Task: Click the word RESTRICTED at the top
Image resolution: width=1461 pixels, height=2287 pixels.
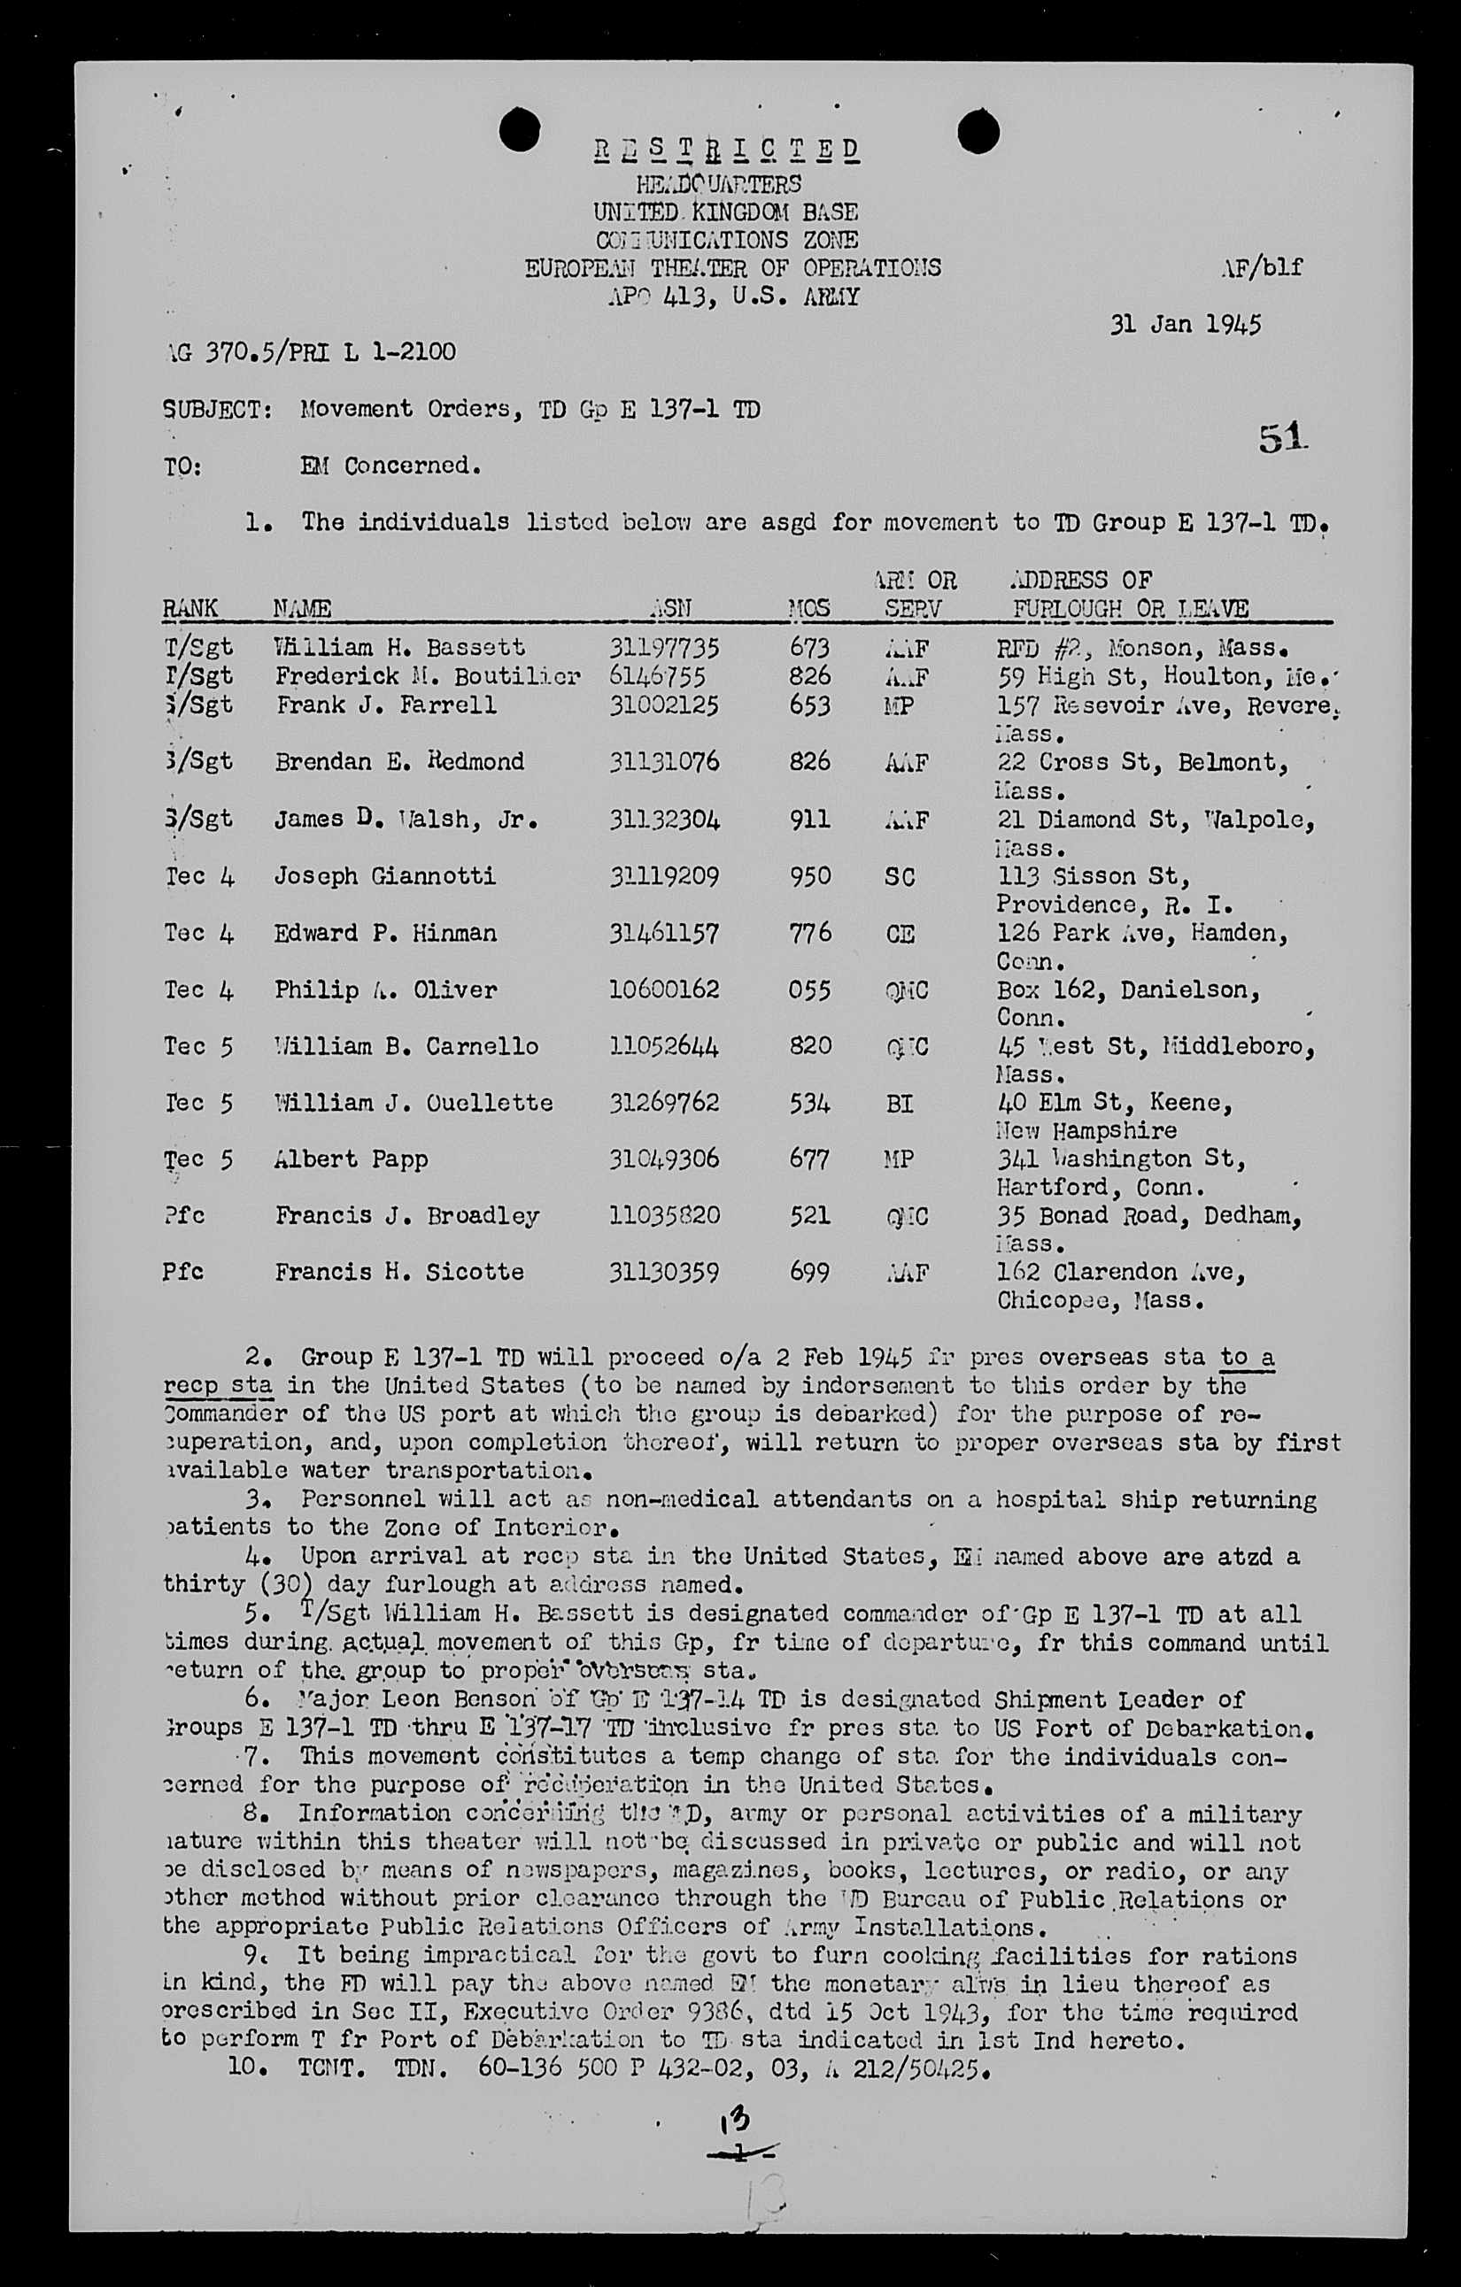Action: pyautogui.click(x=727, y=149)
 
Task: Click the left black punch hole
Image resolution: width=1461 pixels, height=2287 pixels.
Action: pyautogui.click(x=519, y=130)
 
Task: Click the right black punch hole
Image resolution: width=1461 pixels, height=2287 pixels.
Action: pyautogui.click(x=978, y=130)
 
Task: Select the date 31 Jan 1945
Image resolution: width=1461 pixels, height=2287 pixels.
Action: pyautogui.click(x=1186, y=324)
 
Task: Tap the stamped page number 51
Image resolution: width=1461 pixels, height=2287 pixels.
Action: pyautogui.click(x=1282, y=439)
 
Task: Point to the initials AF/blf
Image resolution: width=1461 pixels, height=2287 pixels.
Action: pyautogui.click(x=1263, y=267)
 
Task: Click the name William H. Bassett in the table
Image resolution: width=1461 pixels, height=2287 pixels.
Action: pyautogui.click(x=399, y=648)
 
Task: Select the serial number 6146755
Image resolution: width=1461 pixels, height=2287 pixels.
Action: pyautogui.click(x=663, y=676)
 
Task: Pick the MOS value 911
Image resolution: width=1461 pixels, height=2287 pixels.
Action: pyautogui.click(x=809, y=819)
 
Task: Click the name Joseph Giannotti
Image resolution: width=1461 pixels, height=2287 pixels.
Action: pyautogui.click(x=384, y=875)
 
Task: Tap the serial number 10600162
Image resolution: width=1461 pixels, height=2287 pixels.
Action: pyautogui.click(x=664, y=989)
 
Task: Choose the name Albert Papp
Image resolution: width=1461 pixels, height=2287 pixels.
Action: pyautogui.click(x=352, y=1159)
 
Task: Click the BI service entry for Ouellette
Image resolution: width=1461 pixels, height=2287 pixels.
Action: pyautogui.click(x=899, y=1104)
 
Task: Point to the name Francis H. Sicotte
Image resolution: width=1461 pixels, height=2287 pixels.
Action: pyautogui.click(x=399, y=1273)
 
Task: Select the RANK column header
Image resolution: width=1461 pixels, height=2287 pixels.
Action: pyautogui.click(x=190, y=608)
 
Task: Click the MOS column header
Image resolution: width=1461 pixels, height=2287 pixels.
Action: pyautogui.click(x=808, y=608)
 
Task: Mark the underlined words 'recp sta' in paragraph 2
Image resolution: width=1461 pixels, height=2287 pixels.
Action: pyautogui.click(x=219, y=1386)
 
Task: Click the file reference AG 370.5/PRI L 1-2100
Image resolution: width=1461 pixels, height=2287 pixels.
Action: pyautogui.click(x=310, y=352)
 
